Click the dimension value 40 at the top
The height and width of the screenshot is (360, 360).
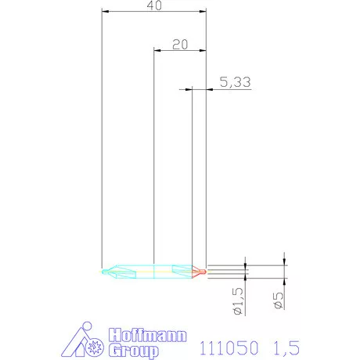coord(155,6)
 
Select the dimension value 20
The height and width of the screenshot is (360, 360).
coord(179,44)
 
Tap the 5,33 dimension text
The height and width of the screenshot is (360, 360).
coord(232,82)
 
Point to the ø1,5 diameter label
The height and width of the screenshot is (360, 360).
coord(239,300)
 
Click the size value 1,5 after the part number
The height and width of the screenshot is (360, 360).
coord(286,344)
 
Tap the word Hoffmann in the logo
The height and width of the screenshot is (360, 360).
coord(147,336)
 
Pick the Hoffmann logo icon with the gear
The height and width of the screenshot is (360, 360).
coord(82,340)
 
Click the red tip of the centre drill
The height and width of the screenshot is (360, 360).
coord(201,272)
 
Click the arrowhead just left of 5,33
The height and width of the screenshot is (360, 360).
coord(190,90)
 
